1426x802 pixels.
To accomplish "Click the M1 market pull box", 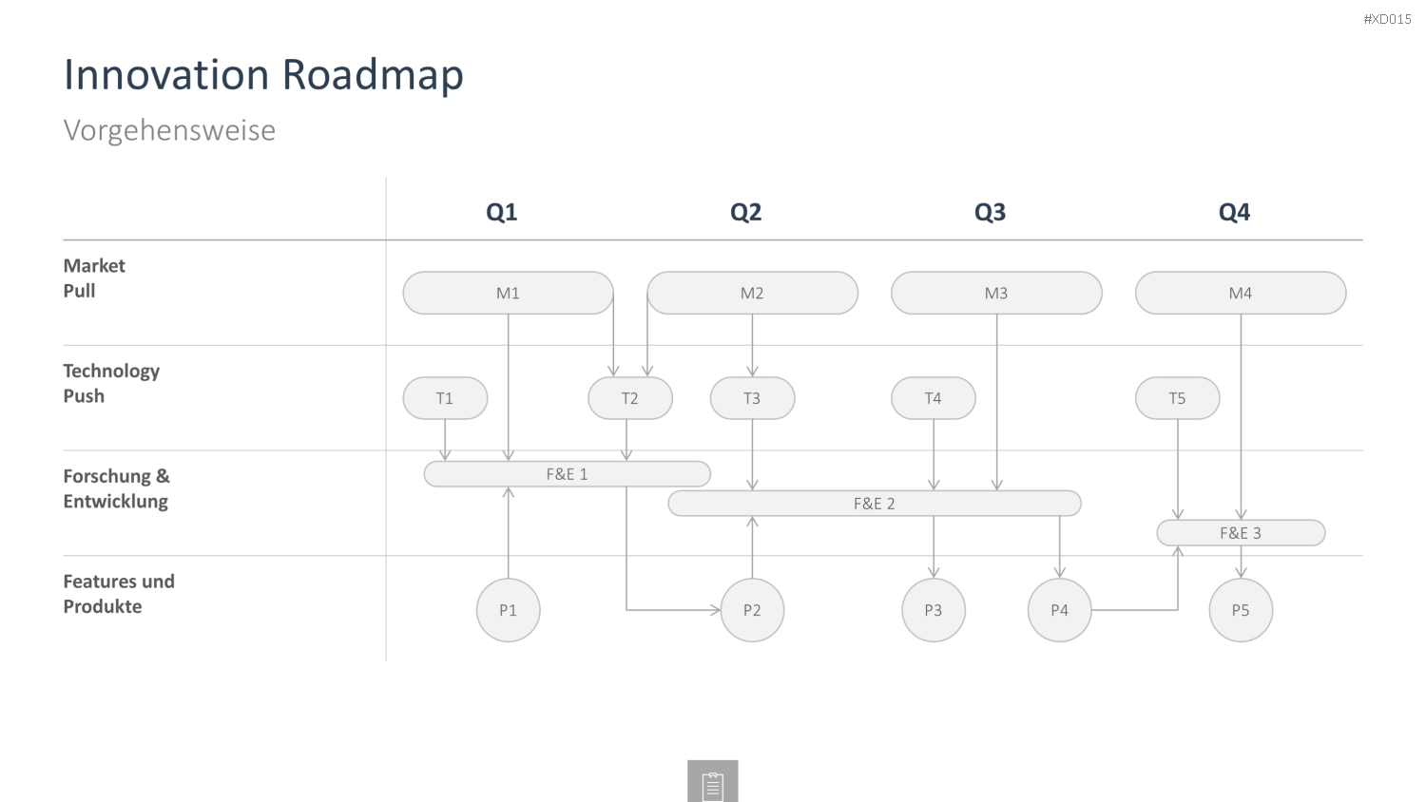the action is [508, 293].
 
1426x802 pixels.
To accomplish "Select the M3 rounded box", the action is [996, 293].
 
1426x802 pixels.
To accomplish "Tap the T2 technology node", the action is [630, 398].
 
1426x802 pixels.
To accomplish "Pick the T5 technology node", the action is [1177, 398].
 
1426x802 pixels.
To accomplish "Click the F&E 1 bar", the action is [568, 474].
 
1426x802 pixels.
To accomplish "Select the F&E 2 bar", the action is [874, 504].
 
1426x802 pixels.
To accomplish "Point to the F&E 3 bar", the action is [1241, 533].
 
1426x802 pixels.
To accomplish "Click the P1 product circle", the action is [508, 610].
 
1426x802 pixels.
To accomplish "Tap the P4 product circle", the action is [1059, 610].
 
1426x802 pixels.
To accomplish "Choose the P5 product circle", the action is [1241, 610].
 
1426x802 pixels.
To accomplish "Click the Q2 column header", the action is [745, 212].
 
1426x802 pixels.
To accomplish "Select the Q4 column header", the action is [1234, 212].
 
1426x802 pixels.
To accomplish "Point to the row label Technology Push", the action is [111, 383].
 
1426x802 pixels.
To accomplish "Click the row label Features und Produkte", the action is [119, 593].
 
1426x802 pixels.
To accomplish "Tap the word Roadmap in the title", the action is [373, 75].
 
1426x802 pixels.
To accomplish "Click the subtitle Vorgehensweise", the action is [169, 130].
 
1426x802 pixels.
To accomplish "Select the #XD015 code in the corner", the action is [1387, 19].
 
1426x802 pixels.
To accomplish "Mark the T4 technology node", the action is [934, 398].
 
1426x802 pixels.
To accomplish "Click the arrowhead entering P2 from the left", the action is [716, 610].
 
